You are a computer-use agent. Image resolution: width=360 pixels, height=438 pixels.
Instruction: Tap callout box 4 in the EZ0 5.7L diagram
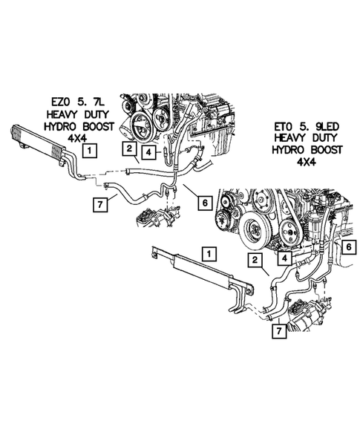(148, 154)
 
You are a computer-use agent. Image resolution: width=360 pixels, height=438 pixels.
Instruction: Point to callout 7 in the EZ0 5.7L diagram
(99, 201)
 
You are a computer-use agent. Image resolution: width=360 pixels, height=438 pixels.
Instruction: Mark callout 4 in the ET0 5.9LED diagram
(285, 258)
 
